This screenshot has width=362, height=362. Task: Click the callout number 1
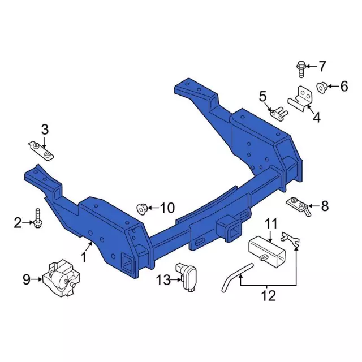pos(84,258)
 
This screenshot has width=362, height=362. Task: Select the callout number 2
pos(18,223)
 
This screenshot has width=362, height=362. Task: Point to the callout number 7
pos(322,67)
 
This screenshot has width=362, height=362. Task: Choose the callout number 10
pos(168,209)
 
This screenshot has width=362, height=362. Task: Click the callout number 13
pos(163,279)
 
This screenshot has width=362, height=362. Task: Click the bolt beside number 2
pos(37,218)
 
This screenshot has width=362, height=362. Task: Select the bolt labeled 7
pos(301,69)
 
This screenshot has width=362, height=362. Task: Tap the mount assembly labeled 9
pos(60,278)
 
